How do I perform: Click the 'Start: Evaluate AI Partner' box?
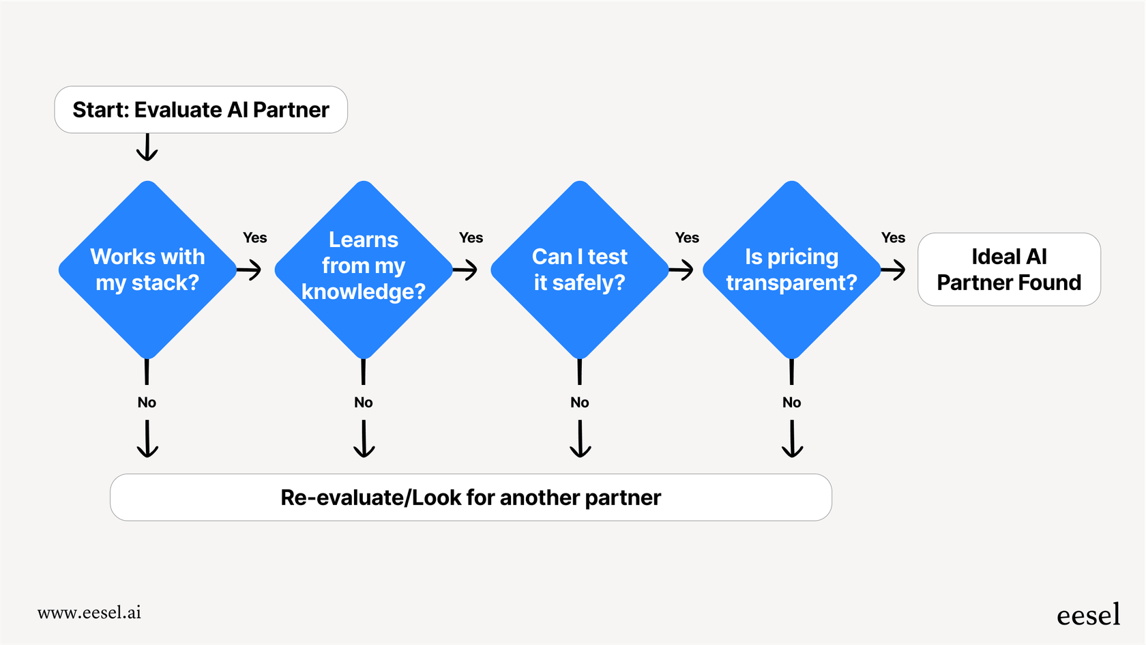tap(201, 110)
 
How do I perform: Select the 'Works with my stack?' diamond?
tap(147, 270)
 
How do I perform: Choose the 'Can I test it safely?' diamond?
tap(579, 270)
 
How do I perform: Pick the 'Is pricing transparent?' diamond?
tap(791, 270)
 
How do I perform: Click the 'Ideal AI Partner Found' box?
tap(1009, 270)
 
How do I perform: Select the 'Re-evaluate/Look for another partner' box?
tap(471, 498)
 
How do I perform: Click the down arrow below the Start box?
tap(147, 147)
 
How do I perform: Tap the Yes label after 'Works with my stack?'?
tap(255, 238)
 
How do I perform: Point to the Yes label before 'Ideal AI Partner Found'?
tap(893, 238)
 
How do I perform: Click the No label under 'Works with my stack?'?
tap(147, 403)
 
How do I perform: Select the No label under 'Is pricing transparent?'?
tap(791, 403)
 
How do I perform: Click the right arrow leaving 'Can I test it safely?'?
tap(681, 270)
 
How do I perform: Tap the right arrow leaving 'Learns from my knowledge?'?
tap(465, 270)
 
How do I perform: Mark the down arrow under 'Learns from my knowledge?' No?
tap(364, 439)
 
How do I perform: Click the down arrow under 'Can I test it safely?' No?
tap(580, 439)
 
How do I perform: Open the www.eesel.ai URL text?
tap(89, 612)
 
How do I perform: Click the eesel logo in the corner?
tap(1088, 615)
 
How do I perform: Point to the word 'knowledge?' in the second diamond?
tap(364, 292)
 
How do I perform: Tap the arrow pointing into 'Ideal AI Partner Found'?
tap(894, 270)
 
